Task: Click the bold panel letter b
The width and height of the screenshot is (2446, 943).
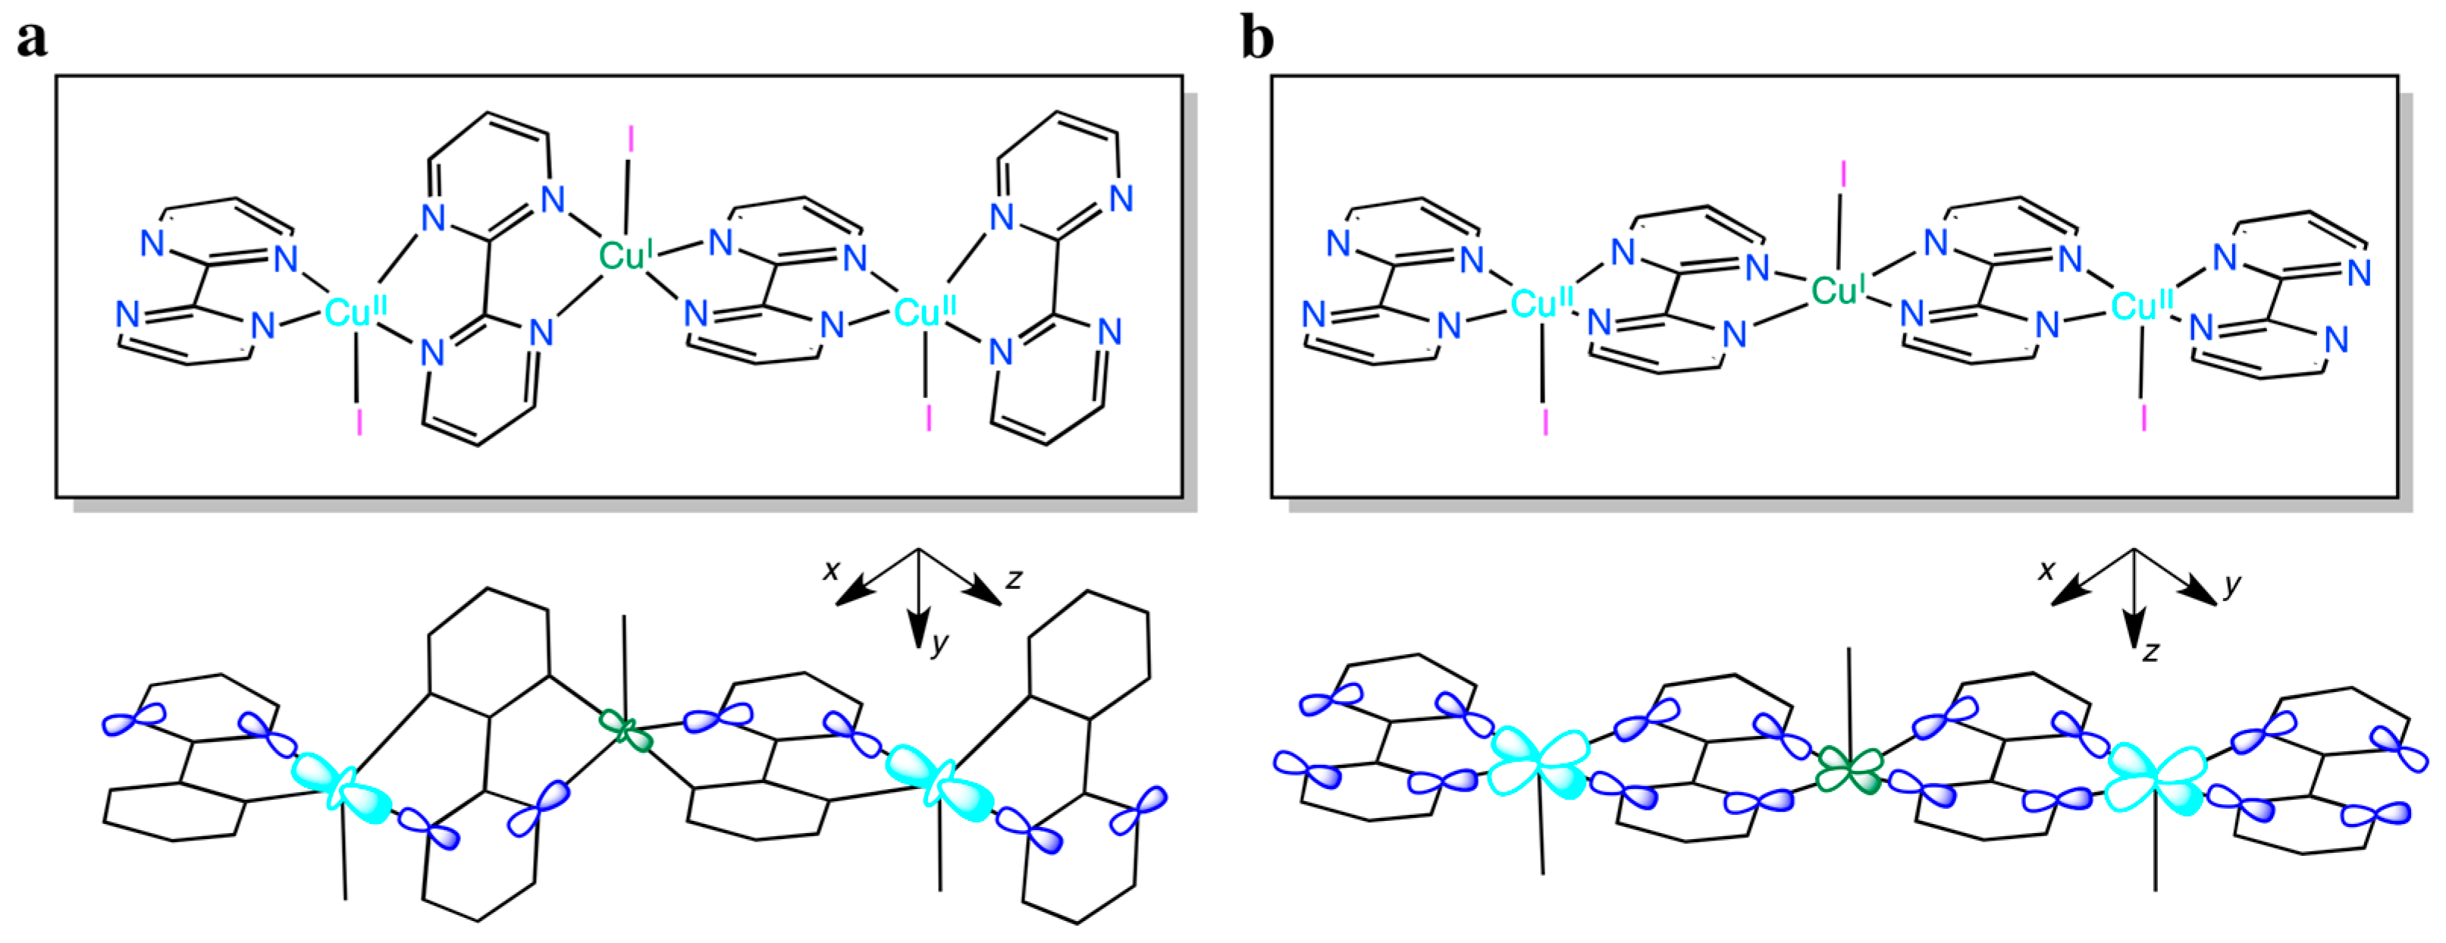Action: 1257,40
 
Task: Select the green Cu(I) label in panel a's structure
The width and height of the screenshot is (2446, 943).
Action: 625,255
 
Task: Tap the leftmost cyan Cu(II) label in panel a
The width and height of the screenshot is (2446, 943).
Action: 354,312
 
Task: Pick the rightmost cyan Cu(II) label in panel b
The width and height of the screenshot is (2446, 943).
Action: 2141,305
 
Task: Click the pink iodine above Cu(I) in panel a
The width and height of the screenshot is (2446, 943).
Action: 631,143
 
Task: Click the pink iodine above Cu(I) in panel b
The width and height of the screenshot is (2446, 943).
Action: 1843,175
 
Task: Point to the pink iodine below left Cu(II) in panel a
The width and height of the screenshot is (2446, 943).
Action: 359,422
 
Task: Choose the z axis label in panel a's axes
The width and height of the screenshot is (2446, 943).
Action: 1014,578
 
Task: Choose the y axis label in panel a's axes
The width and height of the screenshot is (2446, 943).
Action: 939,644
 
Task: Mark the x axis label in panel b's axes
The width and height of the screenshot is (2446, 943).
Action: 2046,570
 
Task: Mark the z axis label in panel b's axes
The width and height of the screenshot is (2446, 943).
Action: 2151,651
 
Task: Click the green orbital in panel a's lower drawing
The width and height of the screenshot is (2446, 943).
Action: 625,732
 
